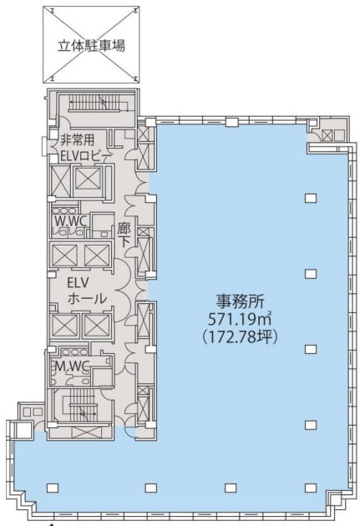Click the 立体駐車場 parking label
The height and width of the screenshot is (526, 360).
pyautogui.click(x=91, y=46)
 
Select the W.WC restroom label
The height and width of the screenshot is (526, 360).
pyautogui.click(x=71, y=221)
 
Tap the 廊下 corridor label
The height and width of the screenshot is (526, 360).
pyautogui.click(x=124, y=235)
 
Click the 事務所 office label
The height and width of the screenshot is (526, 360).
pyautogui.click(x=240, y=301)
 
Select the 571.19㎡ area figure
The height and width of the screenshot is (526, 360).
pyautogui.click(x=239, y=319)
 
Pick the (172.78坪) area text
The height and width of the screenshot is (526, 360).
pyautogui.click(x=240, y=337)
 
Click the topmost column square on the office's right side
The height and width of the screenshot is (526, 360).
pyautogui.click(x=311, y=198)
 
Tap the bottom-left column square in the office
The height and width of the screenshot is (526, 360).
pyautogui.click(x=52, y=488)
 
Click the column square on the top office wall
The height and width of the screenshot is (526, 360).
pyautogui.click(x=231, y=122)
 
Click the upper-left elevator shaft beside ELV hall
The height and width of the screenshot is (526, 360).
pyautogui.click(x=64, y=255)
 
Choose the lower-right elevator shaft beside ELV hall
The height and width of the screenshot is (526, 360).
pyautogui.click(x=96, y=326)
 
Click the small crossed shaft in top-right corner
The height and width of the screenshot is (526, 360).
pyautogui.click(x=327, y=135)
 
